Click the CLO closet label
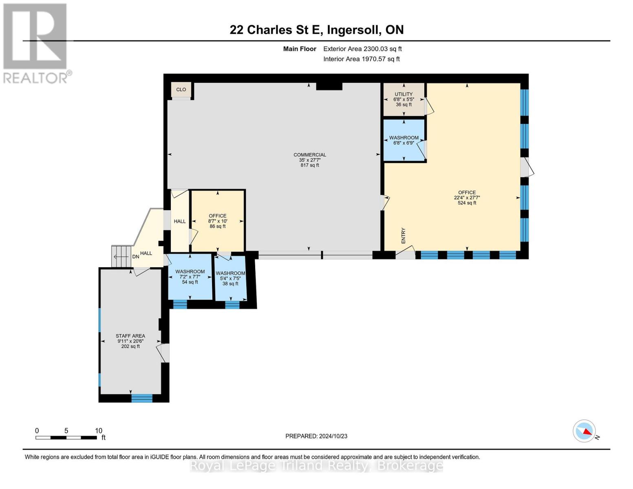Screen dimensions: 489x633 tap(181, 90)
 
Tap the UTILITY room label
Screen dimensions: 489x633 tap(404, 94)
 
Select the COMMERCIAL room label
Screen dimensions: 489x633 tap(310, 155)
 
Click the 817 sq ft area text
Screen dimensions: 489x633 tap(310, 165)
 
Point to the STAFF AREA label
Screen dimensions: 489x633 tap(130, 336)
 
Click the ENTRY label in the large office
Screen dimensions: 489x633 tap(404, 236)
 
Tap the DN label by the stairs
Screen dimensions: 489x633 tap(135, 257)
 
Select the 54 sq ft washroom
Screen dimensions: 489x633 tap(190, 277)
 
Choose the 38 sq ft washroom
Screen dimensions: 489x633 tap(230, 278)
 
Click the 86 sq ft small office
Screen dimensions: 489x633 tap(218, 221)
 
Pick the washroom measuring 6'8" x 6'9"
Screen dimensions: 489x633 tap(404, 140)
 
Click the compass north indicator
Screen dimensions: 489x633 tap(584, 431)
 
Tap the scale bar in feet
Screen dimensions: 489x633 tap(66, 438)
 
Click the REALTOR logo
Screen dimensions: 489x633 tap(36, 43)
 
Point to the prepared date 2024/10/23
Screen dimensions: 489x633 tap(316, 436)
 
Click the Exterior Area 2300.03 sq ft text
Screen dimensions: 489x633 tap(362, 49)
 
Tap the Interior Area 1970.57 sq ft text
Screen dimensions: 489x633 tap(361, 59)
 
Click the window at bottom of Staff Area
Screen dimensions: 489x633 tap(141, 398)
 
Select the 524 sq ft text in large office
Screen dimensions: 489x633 tap(467, 203)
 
